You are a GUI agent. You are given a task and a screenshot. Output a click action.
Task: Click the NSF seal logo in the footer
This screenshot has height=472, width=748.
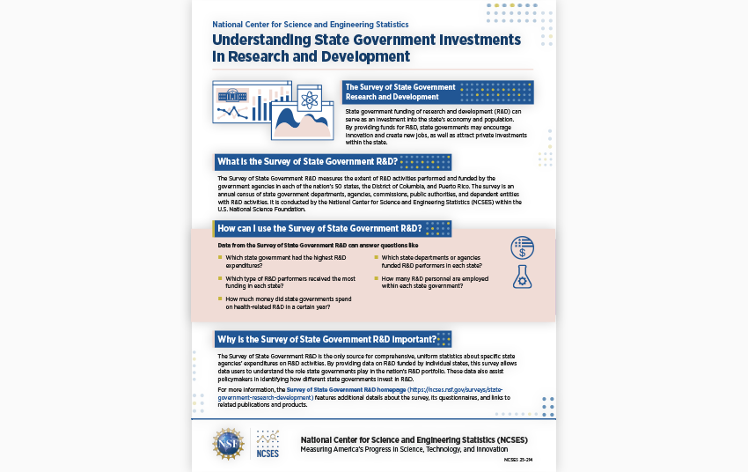(x=229, y=444)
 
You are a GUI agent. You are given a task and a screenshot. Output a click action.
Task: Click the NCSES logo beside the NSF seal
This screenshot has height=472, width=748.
(x=268, y=444)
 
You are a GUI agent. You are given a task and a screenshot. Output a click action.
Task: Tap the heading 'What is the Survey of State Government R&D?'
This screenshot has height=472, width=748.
(x=306, y=162)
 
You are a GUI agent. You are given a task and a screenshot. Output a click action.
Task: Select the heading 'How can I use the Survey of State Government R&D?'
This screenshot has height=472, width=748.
(x=319, y=229)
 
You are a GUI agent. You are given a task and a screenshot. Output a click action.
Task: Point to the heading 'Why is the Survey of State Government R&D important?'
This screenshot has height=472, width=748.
(x=326, y=339)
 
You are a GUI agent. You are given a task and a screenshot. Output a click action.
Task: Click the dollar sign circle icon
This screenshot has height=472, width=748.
(x=523, y=248)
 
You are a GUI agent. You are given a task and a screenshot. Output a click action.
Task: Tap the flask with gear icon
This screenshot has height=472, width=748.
(x=523, y=277)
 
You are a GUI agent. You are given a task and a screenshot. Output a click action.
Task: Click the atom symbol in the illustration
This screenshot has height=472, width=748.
(x=309, y=100)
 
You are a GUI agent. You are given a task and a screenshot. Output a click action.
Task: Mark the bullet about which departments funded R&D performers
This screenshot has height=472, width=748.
(x=431, y=261)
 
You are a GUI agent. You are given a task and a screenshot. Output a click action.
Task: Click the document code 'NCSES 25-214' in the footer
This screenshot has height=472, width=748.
(x=518, y=460)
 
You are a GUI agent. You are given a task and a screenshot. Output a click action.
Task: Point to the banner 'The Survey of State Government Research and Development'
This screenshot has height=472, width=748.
(x=400, y=92)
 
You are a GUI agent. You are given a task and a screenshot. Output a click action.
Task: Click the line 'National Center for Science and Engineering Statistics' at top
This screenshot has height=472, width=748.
(x=310, y=25)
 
